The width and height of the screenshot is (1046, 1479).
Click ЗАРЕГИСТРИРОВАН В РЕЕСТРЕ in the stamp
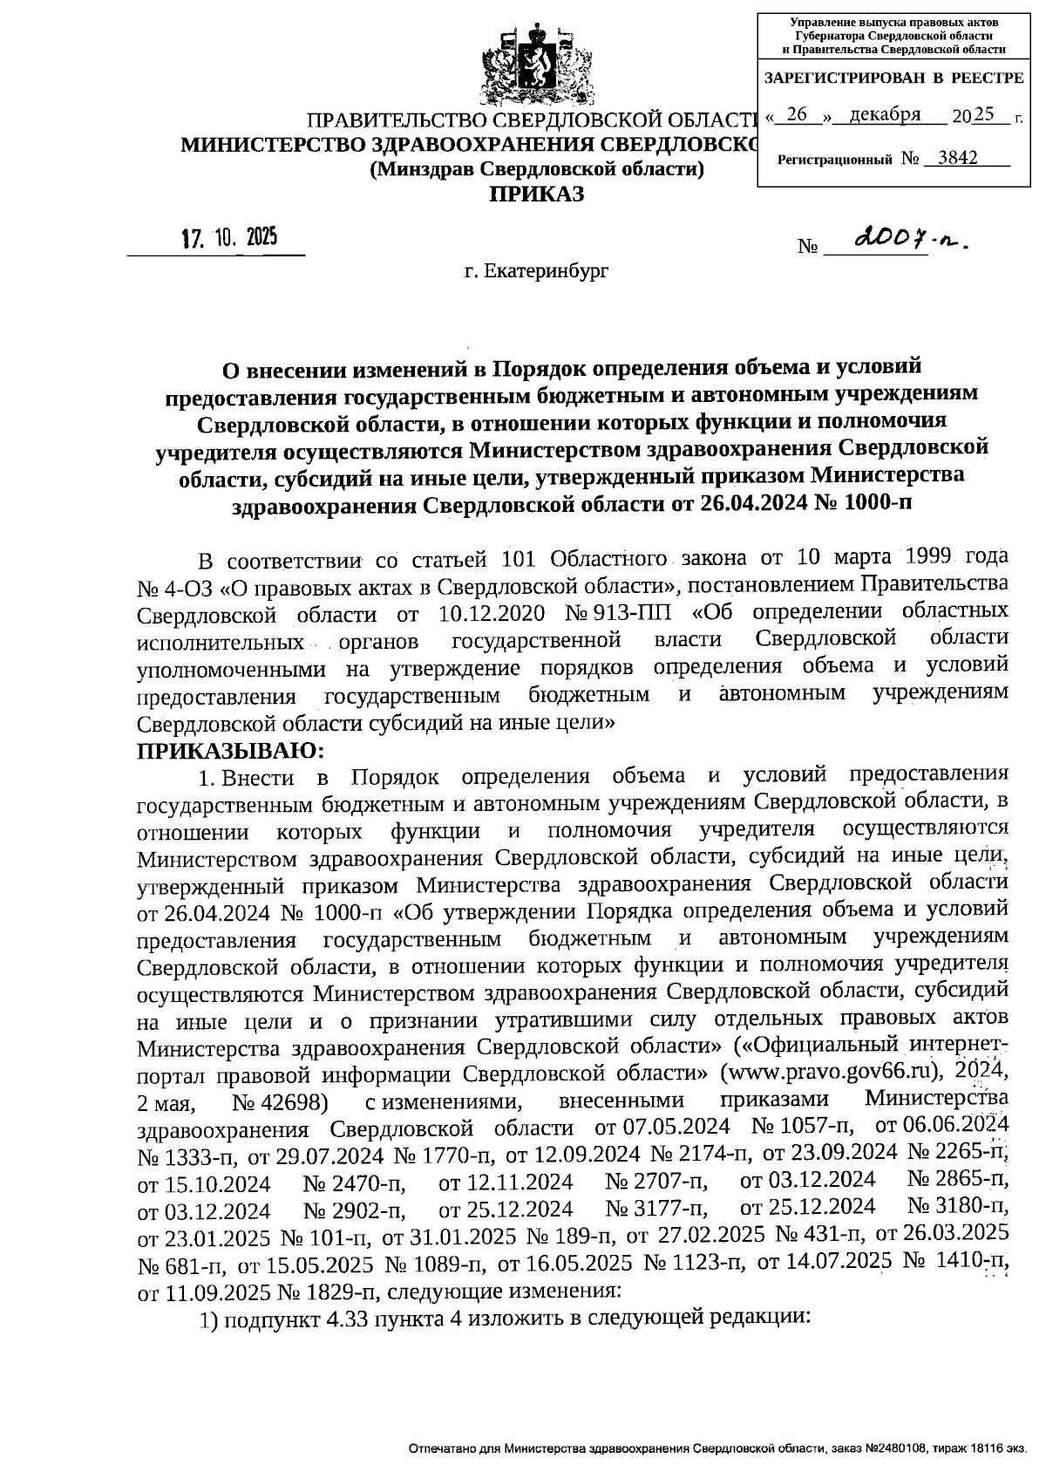[x=893, y=78]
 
